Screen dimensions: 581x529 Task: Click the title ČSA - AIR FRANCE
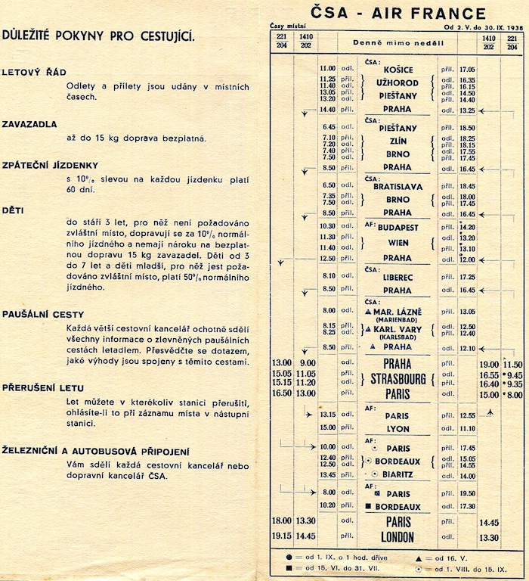click(x=398, y=12)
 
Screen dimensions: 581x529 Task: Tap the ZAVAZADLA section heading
click(x=35, y=123)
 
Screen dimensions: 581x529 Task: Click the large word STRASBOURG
click(x=398, y=378)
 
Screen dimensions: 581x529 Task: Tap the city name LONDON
click(x=398, y=537)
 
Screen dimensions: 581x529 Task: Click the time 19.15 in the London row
click(x=282, y=537)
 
